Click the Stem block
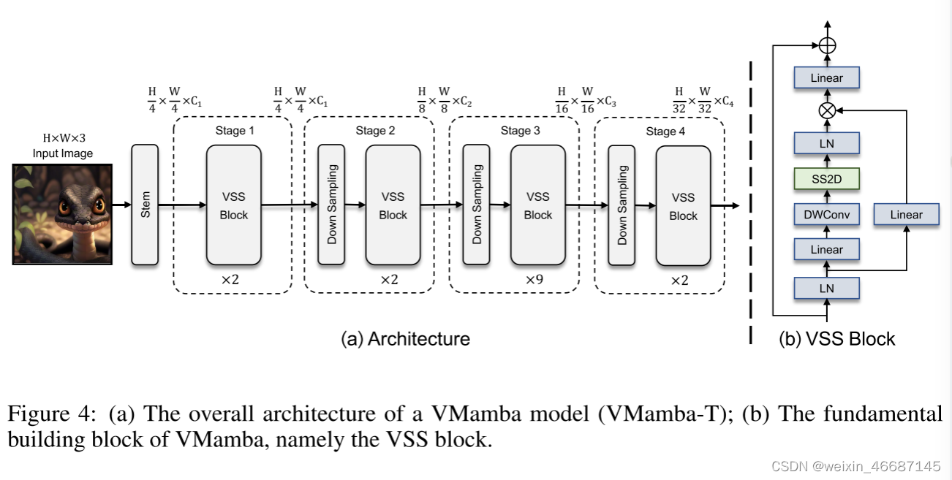point(145,205)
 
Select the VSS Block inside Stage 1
point(233,205)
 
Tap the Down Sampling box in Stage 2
point(331,205)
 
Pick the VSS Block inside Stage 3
point(537,205)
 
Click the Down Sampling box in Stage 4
point(622,205)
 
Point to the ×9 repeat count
point(534,280)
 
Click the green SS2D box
point(826,178)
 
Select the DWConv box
point(826,214)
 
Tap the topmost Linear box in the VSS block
point(826,78)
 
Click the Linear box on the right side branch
point(906,214)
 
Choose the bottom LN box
point(826,288)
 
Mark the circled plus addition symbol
point(827,45)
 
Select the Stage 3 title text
point(521,131)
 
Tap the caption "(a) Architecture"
point(405,339)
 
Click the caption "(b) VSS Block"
point(836,339)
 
